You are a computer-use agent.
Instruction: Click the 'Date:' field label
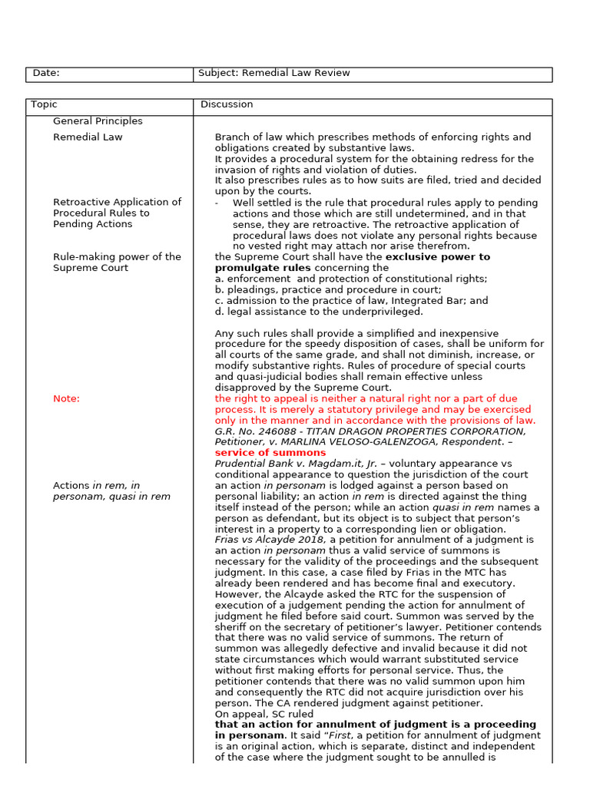(x=46, y=74)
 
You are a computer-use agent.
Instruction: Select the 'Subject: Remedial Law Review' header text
(x=273, y=74)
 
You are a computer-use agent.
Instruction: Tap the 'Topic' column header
(x=44, y=105)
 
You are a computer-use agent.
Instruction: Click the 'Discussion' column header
(x=227, y=105)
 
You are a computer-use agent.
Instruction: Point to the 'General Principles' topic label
(x=98, y=121)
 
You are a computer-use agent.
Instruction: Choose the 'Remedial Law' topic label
(x=88, y=137)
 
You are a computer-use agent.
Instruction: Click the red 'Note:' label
(x=66, y=399)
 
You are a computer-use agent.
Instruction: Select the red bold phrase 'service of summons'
(x=270, y=453)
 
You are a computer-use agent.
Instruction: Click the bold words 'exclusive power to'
(x=437, y=257)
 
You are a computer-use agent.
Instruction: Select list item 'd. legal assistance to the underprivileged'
(x=319, y=312)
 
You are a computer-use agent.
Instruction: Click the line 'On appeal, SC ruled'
(x=264, y=714)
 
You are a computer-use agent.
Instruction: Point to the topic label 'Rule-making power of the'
(x=117, y=257)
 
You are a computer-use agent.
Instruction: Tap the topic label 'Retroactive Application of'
(x=117, y=203)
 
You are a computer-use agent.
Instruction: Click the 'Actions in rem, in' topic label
(x=97, y=486)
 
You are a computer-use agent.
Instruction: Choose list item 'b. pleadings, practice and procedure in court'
(x=328, y=290)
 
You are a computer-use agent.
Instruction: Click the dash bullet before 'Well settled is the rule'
(x=217, y=203)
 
